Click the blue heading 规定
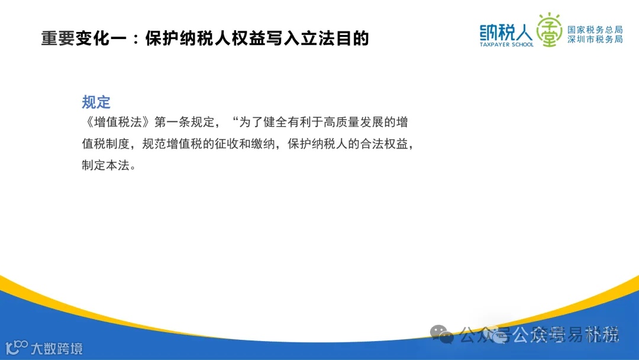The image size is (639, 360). [x=96, y=102]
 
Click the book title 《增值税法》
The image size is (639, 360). [x=117, y=123]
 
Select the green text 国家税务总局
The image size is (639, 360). [x=595, y=30]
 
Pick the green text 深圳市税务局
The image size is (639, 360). [x=595, y=40]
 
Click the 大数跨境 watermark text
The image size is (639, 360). [x=56, y=348]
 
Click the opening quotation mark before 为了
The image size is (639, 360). [x=235, y=121]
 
